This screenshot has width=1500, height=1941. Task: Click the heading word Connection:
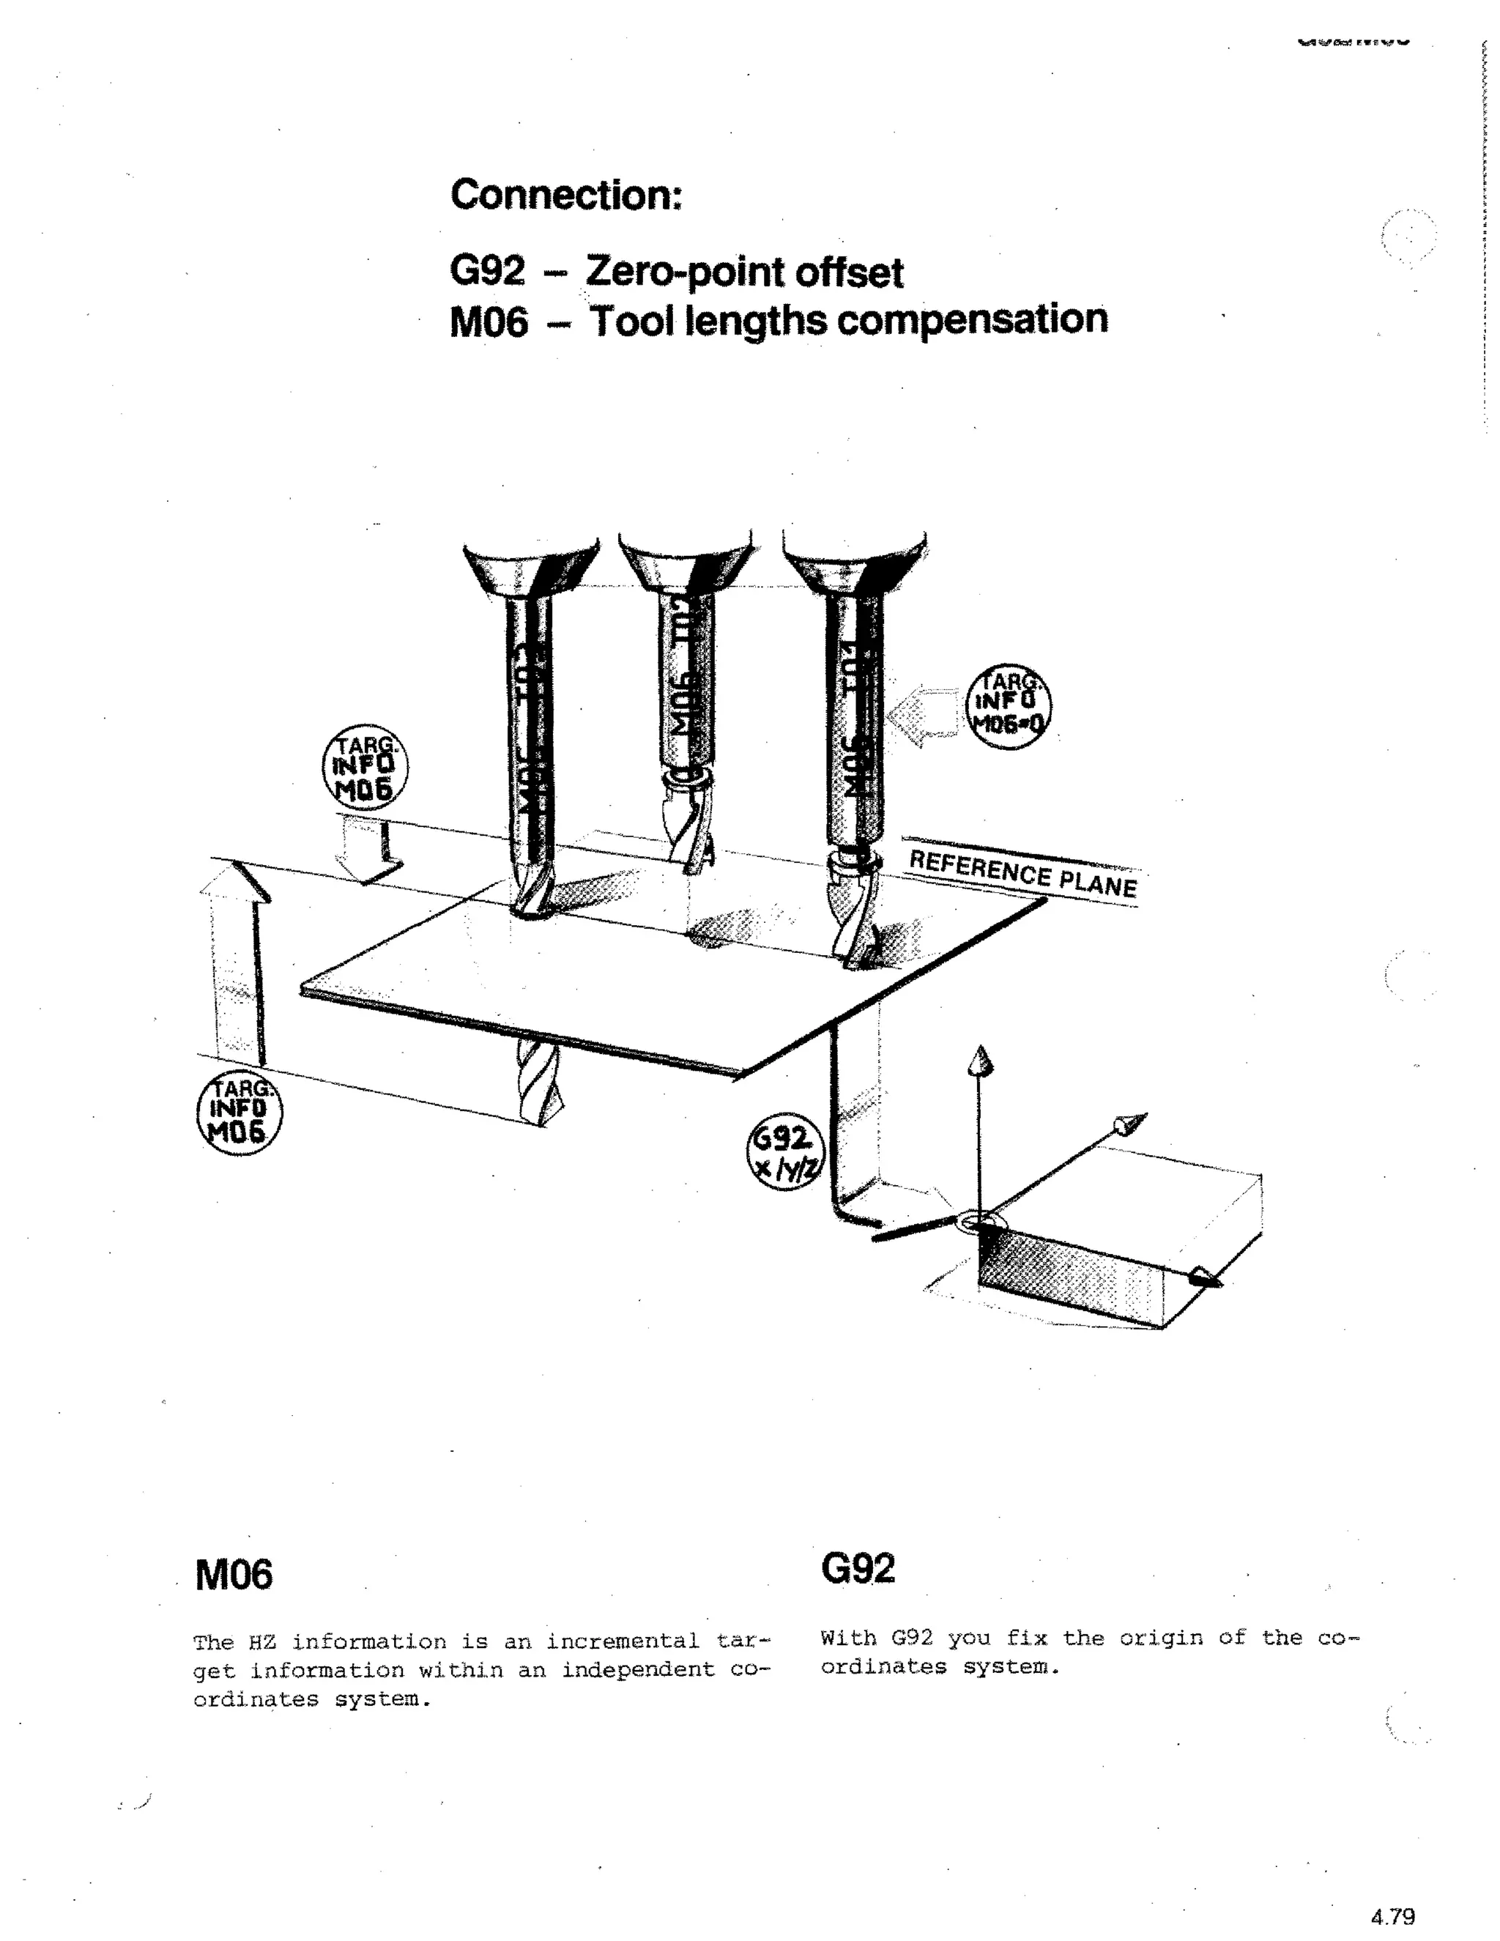coord(566,195)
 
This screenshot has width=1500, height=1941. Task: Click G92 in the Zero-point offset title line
coord(487,270)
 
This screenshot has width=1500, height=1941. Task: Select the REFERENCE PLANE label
coord(1022,873)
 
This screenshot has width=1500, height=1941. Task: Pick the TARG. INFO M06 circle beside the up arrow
coord(237,1113)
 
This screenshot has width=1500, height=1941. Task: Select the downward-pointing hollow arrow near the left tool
coord(365,849)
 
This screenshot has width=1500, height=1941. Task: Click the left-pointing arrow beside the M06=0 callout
coord(925,716)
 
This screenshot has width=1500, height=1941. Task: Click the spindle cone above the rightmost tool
coord(855,563)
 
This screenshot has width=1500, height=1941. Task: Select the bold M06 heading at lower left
coord(234,1575)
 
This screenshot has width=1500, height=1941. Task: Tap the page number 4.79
coord(1392,1916)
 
